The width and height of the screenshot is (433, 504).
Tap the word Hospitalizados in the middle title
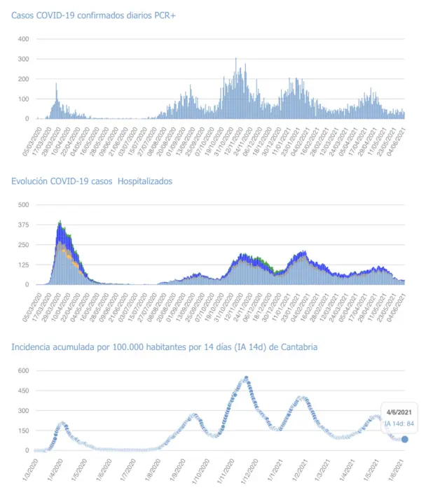tap(145, 181)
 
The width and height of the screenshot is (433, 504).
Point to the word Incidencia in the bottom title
tap(34, 347)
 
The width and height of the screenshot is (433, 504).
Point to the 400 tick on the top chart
tap(22, 39)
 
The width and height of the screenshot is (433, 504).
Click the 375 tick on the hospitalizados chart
tap(22, 225)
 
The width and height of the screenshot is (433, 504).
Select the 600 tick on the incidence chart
tap(22, 370)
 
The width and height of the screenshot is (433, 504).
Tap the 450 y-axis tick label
tap(22, 391)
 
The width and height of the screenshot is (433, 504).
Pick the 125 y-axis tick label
tap(22, 265)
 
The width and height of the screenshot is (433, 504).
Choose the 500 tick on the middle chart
tap(22, 204)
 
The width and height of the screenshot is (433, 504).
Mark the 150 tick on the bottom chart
tap(22, 430)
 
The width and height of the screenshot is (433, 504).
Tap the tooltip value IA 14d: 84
tap(399, 423)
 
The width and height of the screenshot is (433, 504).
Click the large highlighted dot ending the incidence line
tap(405, 439)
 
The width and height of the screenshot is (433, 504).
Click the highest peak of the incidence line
tap(246, 378)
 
